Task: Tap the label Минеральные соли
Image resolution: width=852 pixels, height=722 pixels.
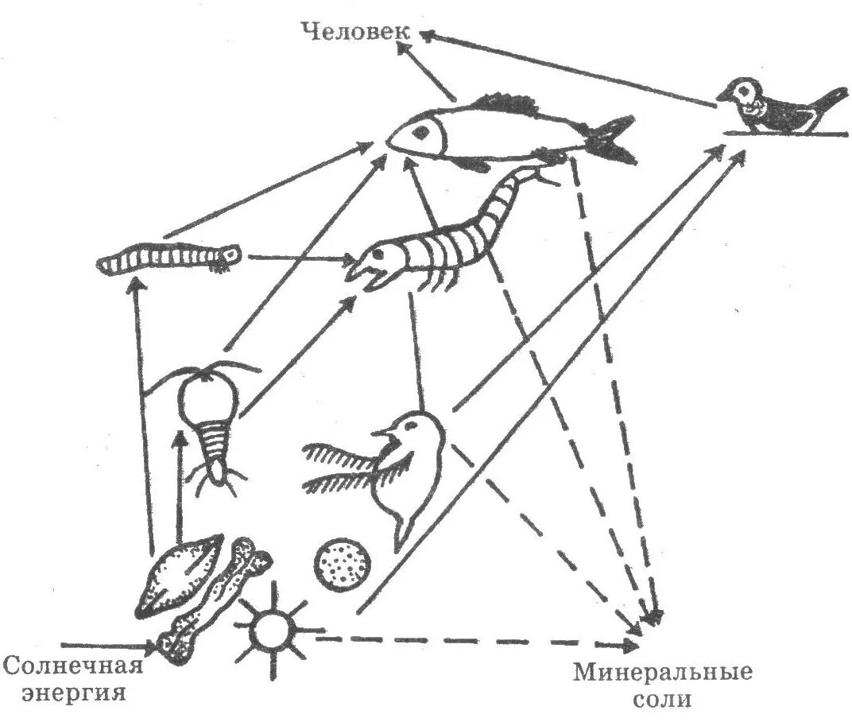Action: click(663, 685)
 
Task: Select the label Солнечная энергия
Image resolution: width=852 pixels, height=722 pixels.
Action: click(73, 677)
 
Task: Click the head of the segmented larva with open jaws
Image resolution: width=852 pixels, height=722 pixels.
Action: click(375, 260)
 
